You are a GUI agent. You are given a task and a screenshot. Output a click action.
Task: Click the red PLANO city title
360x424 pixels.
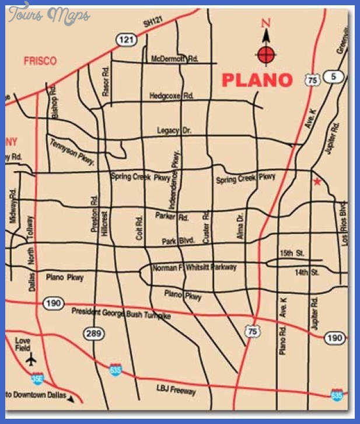(257, 80)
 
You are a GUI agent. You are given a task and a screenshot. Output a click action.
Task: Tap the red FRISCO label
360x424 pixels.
(40, 61)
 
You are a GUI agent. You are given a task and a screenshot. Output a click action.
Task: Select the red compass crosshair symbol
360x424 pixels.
(266, 55)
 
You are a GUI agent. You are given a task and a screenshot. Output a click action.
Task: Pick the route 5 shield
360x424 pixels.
(333, 77)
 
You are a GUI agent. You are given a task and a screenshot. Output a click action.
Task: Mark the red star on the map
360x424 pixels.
(317, 182)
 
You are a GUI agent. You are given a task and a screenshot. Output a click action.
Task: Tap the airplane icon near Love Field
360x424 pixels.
(31, 357)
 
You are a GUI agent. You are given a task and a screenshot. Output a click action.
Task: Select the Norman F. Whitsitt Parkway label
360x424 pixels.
(194, 267)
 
